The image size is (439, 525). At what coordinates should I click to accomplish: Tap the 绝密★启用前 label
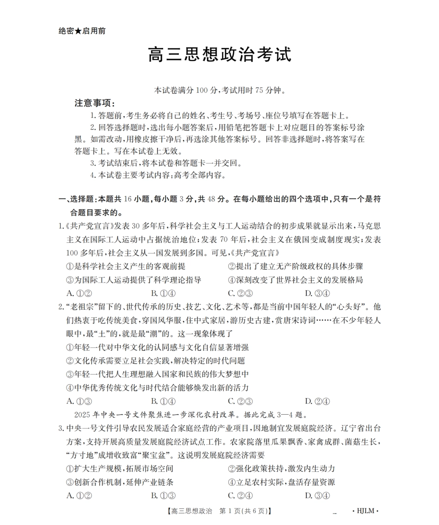click(82, 31)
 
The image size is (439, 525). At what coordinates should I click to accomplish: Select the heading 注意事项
click(95, 103)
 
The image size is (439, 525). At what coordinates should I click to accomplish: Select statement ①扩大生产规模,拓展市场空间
click(120, 469)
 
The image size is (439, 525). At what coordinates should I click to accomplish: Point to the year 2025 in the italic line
click(83, 415)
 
